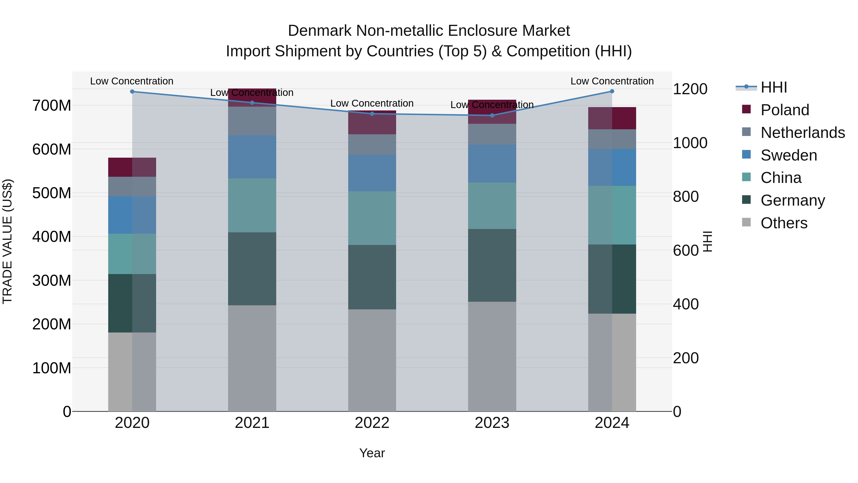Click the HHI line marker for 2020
pyautogui.click(x=132, y=91)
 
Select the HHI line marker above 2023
pyautogui.click(x=492, y=115)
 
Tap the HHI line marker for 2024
pyautogui.click(x=612, y=91)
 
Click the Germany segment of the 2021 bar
pyautogui.click(x=252, y=269)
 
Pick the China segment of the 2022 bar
pyautogui.click(x=372, y=218)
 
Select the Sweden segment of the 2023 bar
pyautogui.click(x=492, y=163)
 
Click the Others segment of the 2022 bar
pyautogui.click(x=372, y=360)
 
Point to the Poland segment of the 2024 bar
pyautogui.click(x=612, y=118)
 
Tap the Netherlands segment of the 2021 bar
pyautogui.click(x=252, y=121)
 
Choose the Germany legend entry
pyautogui.click(x=792, y=200)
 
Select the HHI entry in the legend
pyautogui.click(x=773, y=87)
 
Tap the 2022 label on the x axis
pyautogui.click(x=372, y=423)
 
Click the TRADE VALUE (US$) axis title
pyautogui.click(x=7, y=241)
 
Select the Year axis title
pyautogui.click(x=372, y=453)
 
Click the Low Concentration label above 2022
pyautogui.click(x=372, y=103)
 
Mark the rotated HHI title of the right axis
pyautogui.click(x=707, y=241)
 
